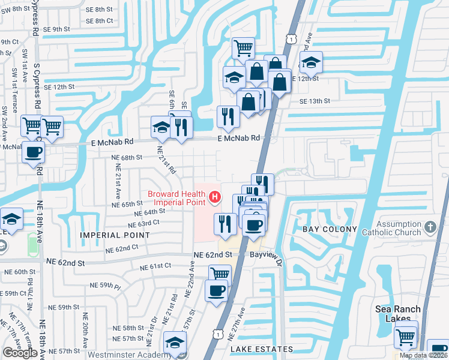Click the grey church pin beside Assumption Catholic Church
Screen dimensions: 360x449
429,227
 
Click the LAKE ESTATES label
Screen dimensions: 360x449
261,349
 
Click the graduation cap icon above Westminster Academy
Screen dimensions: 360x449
175,342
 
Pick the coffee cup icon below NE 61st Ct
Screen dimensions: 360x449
216,291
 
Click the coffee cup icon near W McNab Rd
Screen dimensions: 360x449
34,151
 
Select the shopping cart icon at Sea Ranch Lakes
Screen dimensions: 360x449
406,337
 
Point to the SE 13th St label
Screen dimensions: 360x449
316,101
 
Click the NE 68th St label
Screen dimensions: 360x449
127,157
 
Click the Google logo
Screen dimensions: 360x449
20,353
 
